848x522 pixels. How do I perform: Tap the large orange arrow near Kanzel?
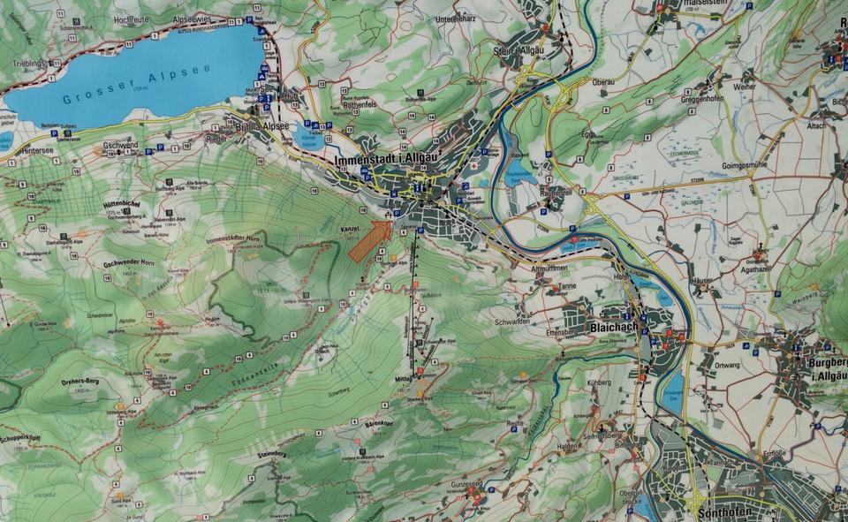(x=370, y=241)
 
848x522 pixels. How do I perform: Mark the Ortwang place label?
(x=725, y=365)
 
